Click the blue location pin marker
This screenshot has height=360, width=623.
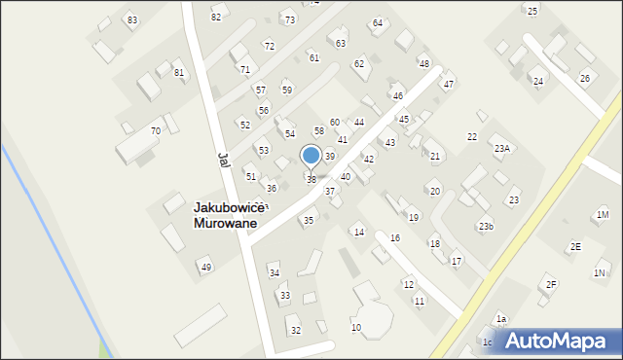click(311, 156)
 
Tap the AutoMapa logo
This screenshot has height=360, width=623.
click(552, 341)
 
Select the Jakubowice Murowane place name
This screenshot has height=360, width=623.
click(225, 215)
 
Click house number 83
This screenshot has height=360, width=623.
click(132, 20)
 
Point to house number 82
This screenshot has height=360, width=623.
click(216, 18)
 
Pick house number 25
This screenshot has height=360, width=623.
click(531, 11)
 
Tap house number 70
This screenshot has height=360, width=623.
click(156, 131)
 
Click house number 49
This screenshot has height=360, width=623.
click(205, 268)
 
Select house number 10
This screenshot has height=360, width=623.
click(356, 327)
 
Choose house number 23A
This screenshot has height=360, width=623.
click(501, 149)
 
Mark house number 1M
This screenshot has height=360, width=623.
click(603, 214)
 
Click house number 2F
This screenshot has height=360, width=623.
click(551, 284)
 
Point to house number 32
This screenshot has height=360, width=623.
click(296, 331)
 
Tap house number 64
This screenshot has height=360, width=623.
click(378, 22)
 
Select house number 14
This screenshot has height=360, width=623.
click(358, 232)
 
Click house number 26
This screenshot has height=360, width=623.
click(585, 78)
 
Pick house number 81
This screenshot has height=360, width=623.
click(178, 73)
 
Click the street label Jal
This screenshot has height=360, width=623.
click(223, 160)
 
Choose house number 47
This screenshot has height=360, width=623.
click(449, 85)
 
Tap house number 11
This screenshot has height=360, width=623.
click(419, 302)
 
